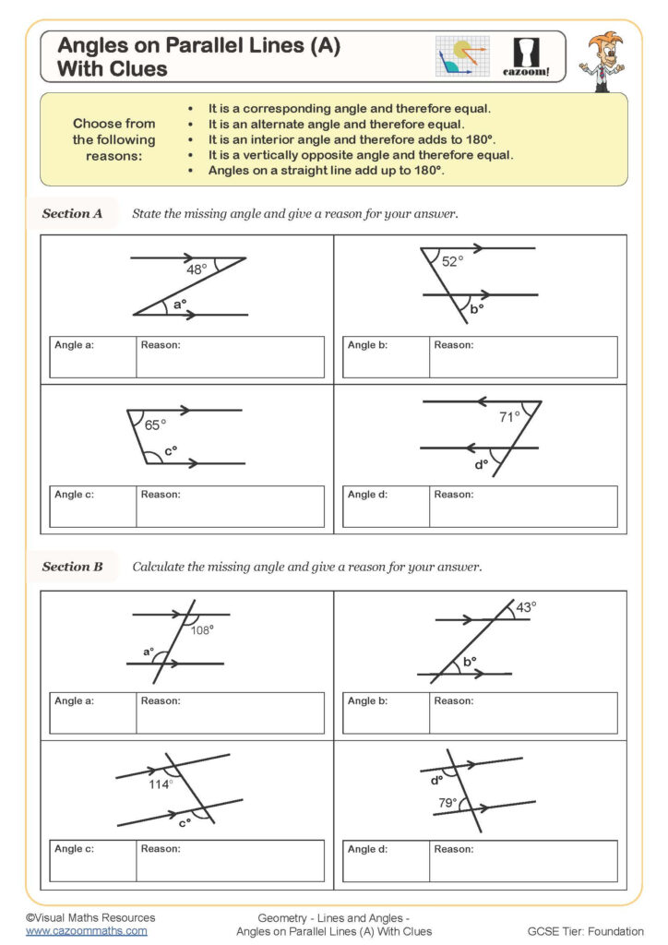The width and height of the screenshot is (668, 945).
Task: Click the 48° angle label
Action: pos(197,270)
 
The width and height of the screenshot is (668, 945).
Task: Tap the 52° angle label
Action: pos(451,262)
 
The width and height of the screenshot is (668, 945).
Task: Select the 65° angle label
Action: pos(155,425)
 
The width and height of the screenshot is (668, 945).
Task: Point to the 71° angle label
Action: pos(509,417)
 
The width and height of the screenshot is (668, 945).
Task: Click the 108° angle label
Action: pos(202,629)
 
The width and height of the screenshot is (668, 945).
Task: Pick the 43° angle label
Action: pos(525,607)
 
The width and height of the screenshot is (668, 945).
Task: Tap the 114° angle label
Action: pos(161,784)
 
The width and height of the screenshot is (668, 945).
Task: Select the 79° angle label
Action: pos(447,803)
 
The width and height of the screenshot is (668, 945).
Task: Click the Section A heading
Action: pos(72,214)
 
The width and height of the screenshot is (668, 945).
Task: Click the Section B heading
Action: pos(72,567)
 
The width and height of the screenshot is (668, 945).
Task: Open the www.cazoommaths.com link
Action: pos(86,931)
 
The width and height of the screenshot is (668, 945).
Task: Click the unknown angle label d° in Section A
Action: pos(481,464)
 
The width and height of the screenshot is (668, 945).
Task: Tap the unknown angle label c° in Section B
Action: pos(185,821)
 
